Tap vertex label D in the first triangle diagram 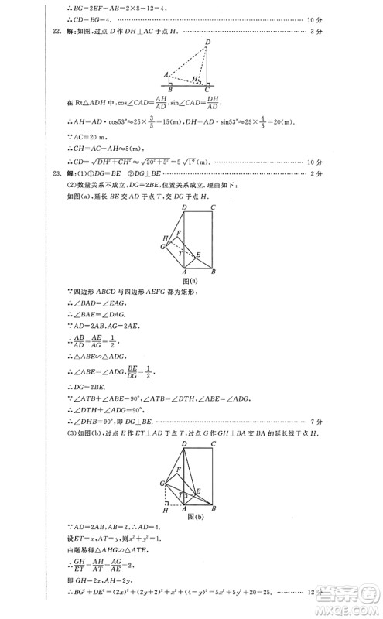[207, 41]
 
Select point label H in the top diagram [196, 79]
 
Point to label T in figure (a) [181, 252]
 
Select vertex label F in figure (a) [179, 232]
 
